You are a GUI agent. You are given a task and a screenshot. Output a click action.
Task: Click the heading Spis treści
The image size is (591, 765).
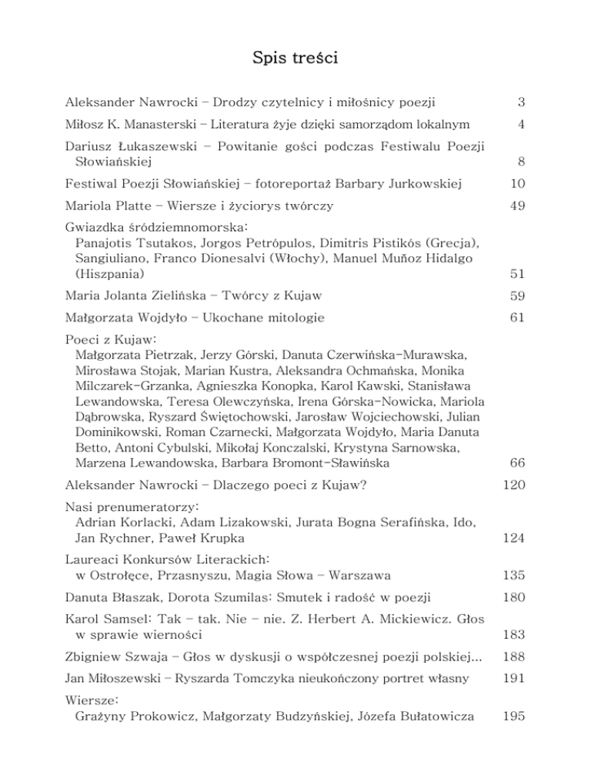click(x=295, y=58)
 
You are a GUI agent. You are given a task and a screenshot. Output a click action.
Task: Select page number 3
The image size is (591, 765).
click(x=521, y=102)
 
